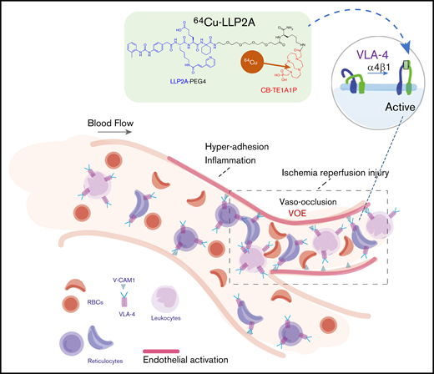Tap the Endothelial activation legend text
(x=205, y=358)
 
